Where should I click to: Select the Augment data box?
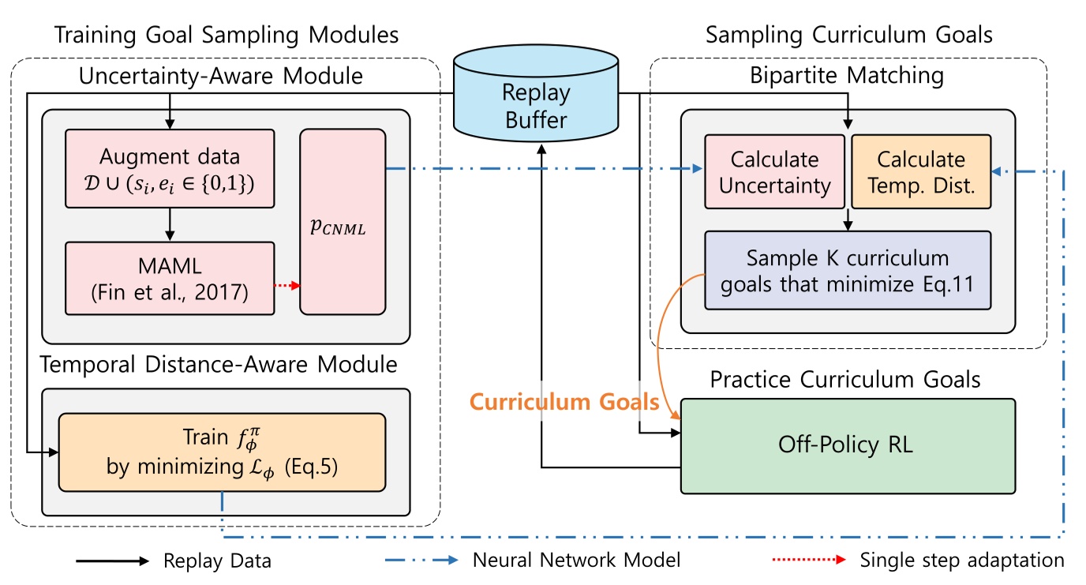[x=169, y=169]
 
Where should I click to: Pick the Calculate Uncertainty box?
[x=774, y=171]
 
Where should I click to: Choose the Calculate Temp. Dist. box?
[x=920, y=171]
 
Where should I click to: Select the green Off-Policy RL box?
[x=848, y=445]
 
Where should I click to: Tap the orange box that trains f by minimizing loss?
[x=222, y=452]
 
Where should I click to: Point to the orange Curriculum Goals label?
[x=564, y=402]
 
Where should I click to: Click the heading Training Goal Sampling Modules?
[x=226, y=35]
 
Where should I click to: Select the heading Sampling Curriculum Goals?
[x=849, y=35]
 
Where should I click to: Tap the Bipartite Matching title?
[x=848, y=76]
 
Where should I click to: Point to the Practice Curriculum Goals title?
[x=845, y=380]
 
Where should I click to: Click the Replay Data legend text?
[x=217, y=561]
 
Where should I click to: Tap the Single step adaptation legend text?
[x=961, y=561]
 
